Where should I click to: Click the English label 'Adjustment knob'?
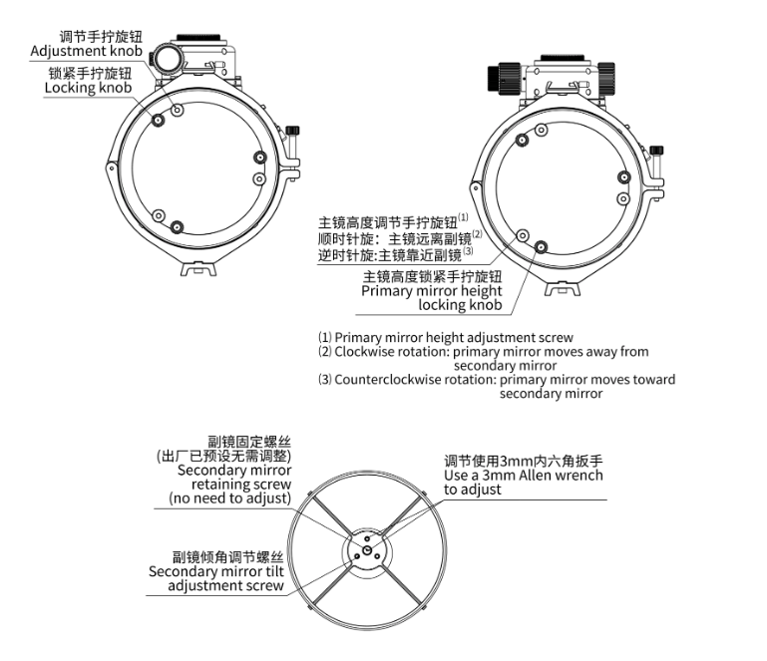tap(86, 51)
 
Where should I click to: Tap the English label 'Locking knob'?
tap(88, 88)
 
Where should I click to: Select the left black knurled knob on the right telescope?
tap(504, 77)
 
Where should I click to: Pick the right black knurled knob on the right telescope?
tap(606, 78)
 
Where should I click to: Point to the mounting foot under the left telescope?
tap(198, 268)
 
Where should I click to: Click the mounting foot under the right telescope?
tap(563, 288)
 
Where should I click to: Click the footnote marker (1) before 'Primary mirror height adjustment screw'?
tap(325, 338)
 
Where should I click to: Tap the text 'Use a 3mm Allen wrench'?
tap(524, 476)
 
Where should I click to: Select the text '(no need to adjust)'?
tap(230, 498)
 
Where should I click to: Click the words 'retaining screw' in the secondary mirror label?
tap(241, 485)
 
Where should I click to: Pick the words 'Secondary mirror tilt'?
tap(216, 571)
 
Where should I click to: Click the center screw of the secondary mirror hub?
tap(367, 551)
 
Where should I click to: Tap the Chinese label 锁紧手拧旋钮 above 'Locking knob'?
tap(90, 74)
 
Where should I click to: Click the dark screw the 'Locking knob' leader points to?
tap(158, 120)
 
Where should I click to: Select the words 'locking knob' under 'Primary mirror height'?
tap(460, 305)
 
